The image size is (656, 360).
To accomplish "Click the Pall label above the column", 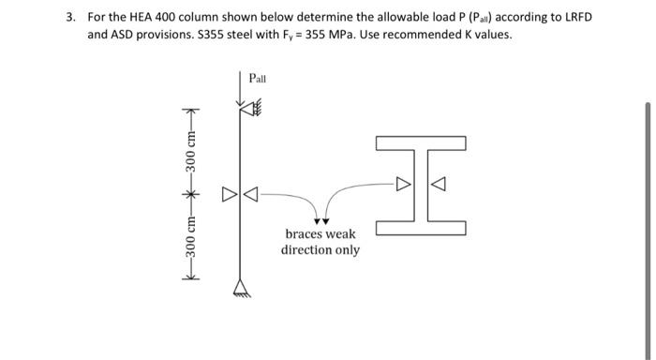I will (258, 79).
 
